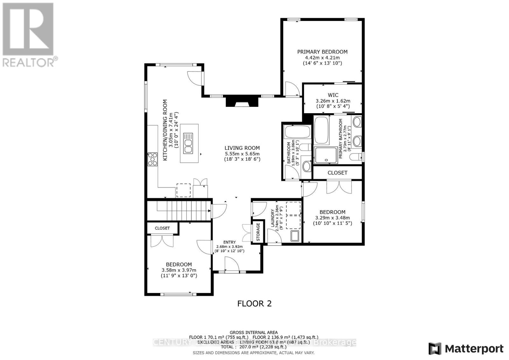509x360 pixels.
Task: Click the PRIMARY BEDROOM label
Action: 322,52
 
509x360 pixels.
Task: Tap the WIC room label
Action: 333,95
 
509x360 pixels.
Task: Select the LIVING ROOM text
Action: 242,148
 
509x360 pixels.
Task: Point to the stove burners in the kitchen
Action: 152,159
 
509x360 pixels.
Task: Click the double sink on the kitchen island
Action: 189,146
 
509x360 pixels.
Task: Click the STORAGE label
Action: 258,232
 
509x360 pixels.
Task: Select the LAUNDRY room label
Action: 273,218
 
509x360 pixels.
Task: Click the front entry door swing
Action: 232,264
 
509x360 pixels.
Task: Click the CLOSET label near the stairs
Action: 162,228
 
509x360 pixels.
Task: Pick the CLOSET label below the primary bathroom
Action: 337,173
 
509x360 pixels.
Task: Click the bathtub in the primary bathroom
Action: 321,130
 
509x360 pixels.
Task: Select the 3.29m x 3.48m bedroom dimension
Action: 332,218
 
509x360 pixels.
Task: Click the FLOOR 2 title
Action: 254,303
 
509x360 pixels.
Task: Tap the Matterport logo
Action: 466,349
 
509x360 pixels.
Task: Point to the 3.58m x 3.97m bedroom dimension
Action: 179,270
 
